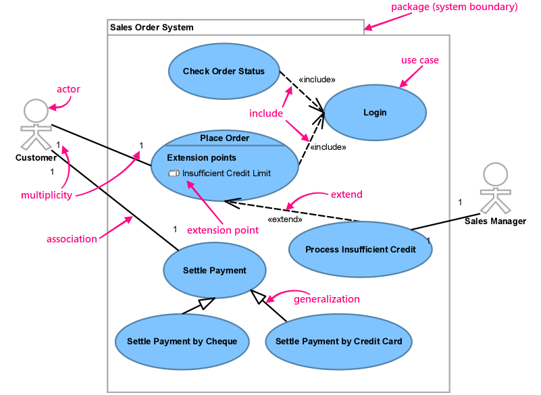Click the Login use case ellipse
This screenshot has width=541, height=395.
375,112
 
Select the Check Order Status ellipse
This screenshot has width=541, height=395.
224,72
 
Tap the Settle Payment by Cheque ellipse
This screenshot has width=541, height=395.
182,341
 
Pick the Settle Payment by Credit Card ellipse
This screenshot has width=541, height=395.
338,341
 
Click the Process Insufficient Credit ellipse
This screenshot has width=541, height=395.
360,249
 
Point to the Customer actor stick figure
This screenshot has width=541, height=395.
35,124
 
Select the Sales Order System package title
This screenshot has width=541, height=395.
152,28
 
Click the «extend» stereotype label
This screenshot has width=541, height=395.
285,219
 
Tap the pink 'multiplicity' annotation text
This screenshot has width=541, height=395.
47,195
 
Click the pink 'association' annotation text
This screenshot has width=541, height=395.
72,239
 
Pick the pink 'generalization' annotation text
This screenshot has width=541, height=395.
326,298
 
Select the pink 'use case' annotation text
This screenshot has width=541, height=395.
419,60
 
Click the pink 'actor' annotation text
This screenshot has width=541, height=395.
68,89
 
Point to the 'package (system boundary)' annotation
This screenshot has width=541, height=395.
454,7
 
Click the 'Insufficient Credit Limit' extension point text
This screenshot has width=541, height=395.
226,174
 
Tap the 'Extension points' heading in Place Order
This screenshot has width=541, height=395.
201,158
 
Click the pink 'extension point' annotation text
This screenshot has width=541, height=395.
222,230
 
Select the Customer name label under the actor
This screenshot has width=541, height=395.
36,158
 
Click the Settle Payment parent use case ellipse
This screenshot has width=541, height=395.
215,270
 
